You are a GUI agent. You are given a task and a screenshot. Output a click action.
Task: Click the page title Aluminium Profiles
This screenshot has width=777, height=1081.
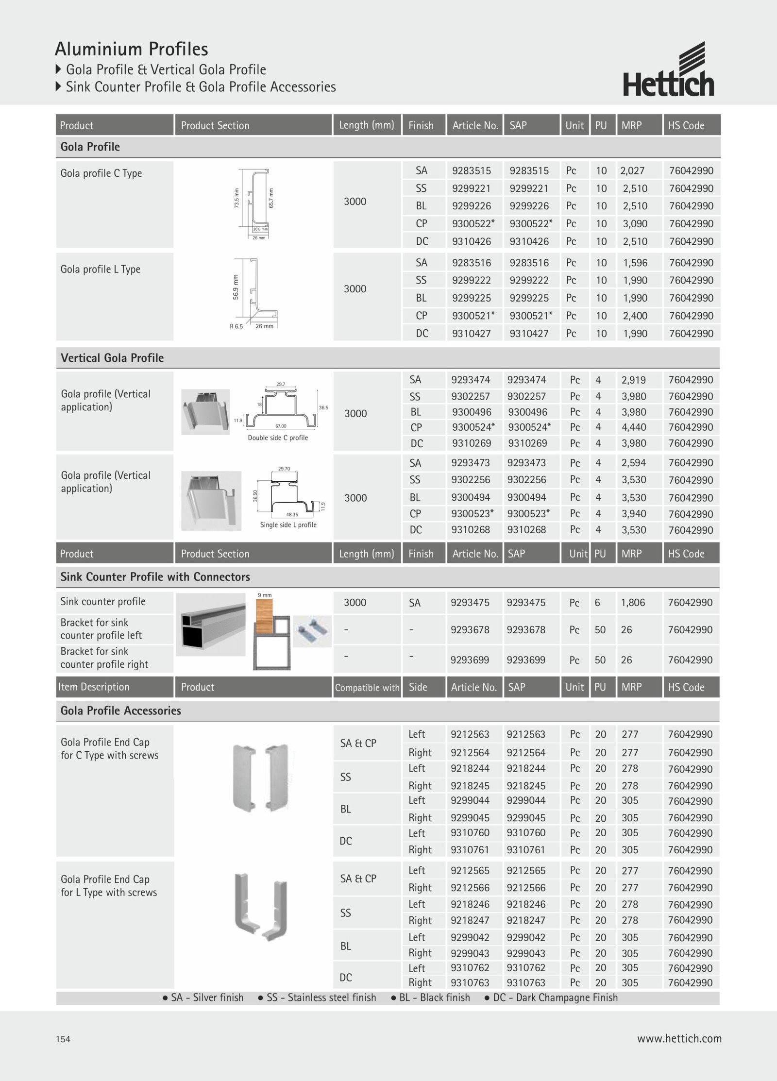tap(132, 49)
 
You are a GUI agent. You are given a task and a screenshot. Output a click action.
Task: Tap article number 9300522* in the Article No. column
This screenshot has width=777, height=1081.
tap(473, 224)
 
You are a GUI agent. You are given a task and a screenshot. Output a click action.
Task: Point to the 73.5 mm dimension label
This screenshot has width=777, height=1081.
tap(237, 198)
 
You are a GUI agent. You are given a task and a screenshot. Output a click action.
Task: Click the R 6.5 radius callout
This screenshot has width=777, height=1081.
tap(236, 326)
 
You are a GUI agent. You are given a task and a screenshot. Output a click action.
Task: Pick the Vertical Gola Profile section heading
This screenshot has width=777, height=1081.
tap(112, 358)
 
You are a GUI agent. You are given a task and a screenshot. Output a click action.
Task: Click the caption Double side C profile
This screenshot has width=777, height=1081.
tap(278, 438)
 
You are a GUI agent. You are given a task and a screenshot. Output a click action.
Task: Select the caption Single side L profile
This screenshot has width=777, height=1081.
tap(288, 524)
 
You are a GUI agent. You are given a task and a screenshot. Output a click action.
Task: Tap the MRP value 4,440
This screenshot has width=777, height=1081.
tap(634, 427)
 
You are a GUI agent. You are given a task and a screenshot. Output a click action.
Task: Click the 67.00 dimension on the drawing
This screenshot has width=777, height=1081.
tap(281, 426)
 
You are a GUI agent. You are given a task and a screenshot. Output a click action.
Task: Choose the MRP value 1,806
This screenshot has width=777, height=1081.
tap(633, 603)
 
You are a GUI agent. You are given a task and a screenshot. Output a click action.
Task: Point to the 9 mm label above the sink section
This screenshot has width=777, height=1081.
tap(265, 595)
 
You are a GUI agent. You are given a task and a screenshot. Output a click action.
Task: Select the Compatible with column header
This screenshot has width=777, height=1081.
tap(367, 687)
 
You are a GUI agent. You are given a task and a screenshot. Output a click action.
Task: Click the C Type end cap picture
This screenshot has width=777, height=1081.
tap(261, 778)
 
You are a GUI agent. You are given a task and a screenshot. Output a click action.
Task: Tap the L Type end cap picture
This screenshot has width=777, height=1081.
tap(261, 907)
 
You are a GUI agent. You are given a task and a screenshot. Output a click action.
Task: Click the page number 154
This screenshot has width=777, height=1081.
tap(63, 1039)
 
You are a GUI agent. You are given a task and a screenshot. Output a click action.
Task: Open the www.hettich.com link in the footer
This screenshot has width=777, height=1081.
tap(679, 1038)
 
